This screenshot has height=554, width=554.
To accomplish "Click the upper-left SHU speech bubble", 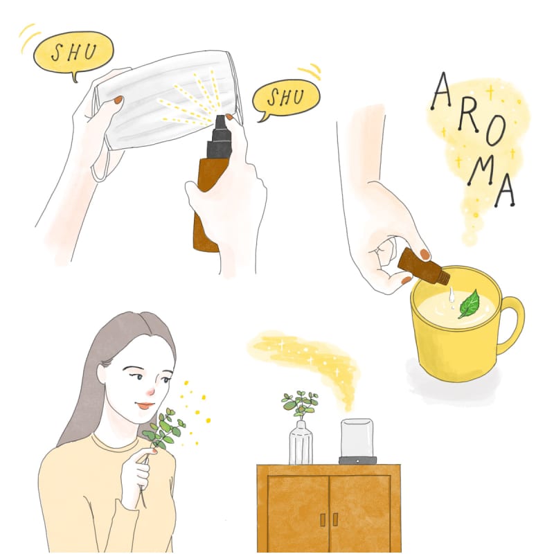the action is click(73, 53).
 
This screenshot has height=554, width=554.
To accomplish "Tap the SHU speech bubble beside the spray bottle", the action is click(286, 98).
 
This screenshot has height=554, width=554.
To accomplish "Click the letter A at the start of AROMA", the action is click(442, 91).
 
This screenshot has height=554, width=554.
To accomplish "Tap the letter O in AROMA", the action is click(494, 134).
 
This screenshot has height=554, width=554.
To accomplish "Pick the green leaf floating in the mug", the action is click(470, 304).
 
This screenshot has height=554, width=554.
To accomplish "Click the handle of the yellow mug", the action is click(512, 325).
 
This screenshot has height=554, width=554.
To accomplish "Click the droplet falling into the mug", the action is click(451, 296).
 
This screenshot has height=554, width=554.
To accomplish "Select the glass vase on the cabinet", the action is click(301, 443).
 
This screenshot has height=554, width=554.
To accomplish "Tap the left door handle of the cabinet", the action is click(323, 519).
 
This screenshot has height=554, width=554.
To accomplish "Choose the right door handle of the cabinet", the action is click(335, 519).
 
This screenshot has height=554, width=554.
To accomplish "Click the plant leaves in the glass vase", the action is click(301, 404).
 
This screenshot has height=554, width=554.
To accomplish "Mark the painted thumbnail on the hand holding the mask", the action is click(118, 100).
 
